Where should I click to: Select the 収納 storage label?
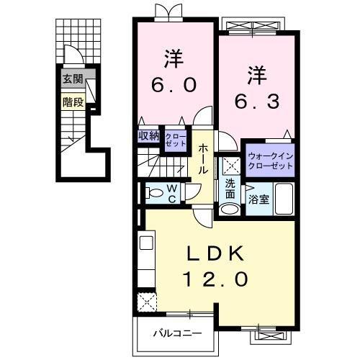pyautogui.click(x=150, y=135)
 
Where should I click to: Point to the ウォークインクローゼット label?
pyautogui.click(x=270, y=160)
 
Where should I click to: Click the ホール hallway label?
pyautogui.click(x=204, y=158)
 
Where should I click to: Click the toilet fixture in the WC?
pyautogui.click(x=153, y=193)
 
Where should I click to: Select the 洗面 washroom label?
pyautogui.click(x=230, y=187)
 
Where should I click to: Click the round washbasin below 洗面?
pyautogui.click(x=229, y=210)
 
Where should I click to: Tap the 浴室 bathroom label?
pyautogui.click(x=259, y=199)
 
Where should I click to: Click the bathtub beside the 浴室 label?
pyautogui.click(x=284, y=199)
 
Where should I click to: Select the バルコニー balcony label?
pyautogui.click(x=176, y=334)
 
